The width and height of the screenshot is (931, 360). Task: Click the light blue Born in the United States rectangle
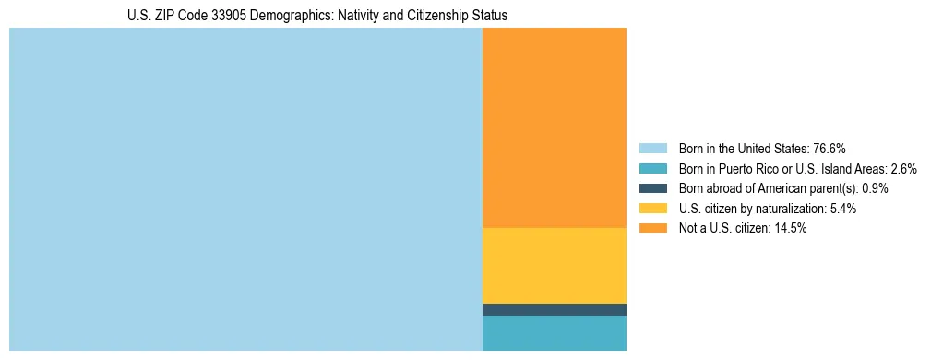(245, 189)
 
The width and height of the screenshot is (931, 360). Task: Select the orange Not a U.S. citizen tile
(554, 127)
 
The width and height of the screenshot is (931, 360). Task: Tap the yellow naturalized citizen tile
(554, 265)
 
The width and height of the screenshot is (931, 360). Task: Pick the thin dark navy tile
(554, 309)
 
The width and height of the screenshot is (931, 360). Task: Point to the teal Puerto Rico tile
(554, 333)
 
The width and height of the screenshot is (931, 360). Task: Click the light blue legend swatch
(652, 149)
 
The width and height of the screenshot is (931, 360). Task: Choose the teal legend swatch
(652, 169)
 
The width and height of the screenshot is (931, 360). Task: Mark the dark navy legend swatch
(652, 188)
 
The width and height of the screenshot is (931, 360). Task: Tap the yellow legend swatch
(652, 209)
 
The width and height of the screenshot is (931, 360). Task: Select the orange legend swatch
(652, 229)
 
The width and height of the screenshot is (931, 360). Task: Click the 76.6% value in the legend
(830, 149)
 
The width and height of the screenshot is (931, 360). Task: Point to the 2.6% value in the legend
(903, 169)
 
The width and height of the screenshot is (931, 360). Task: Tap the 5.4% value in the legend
(840, 209)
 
